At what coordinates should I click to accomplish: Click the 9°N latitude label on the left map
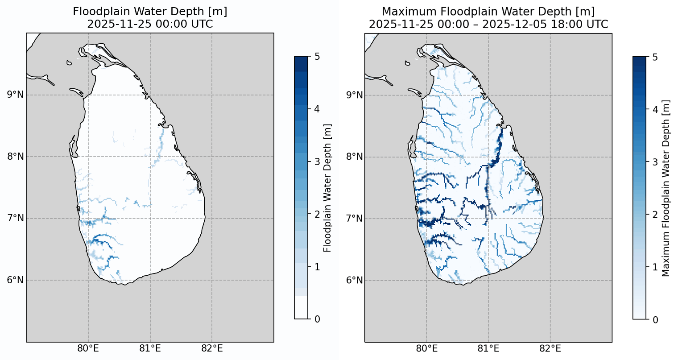coord(15,95)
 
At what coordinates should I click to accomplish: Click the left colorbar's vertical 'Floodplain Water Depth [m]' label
coord(328,188)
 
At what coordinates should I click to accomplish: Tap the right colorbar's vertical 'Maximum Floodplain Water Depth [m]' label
coord(666,188)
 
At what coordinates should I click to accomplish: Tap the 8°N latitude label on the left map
coord(15,156)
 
